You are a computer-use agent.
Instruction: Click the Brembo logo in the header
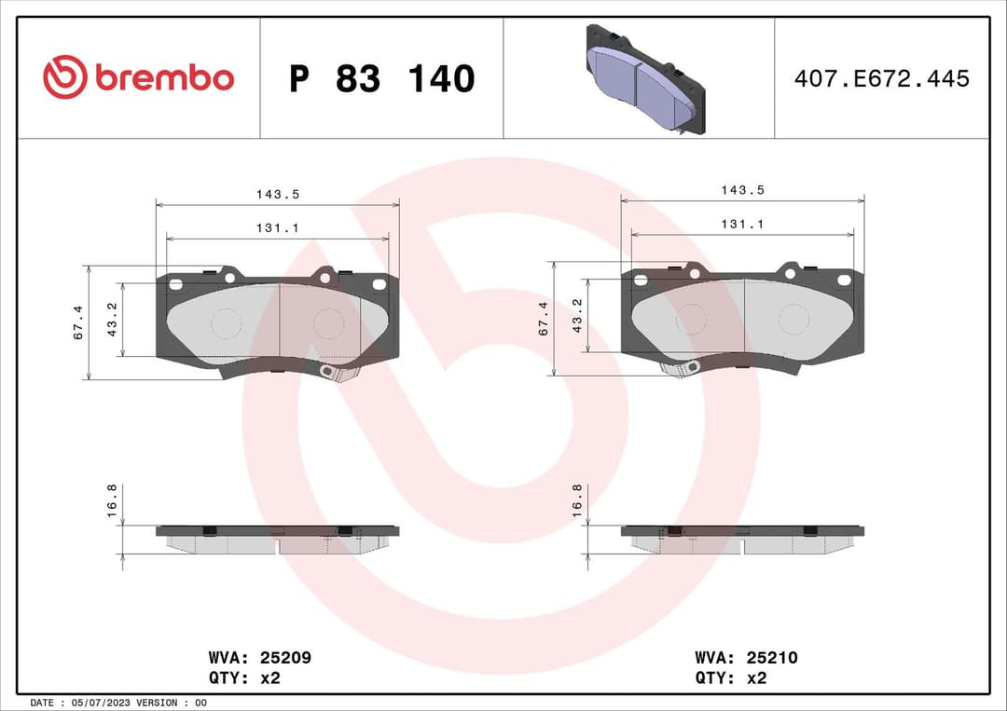(138, 78)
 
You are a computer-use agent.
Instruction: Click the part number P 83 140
(381, 79)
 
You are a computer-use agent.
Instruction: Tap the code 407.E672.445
(881, 78)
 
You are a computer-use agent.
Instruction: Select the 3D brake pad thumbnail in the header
(644, 79)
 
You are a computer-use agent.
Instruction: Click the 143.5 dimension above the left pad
(277, 195)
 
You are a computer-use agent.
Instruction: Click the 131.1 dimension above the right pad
(742, 225)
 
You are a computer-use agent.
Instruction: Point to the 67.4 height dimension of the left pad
(78, 322)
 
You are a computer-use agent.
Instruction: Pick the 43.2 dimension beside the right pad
(577, 316)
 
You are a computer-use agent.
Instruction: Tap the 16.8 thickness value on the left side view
(112, 501)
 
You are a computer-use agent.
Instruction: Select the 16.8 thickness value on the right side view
(577, 501)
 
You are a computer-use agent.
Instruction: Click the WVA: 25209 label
(259, 658)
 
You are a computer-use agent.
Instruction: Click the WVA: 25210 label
(746, 658)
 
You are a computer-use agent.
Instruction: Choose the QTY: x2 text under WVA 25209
(244, 678)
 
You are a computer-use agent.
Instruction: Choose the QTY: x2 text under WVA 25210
(730, 678)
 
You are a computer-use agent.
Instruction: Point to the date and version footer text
(118, 702)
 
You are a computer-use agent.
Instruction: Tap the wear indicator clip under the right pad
(681, 369)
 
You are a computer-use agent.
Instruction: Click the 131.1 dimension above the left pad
(277, 228)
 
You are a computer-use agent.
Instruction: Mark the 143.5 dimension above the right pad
(742, 190)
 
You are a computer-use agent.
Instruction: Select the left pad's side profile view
(277, 538)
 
